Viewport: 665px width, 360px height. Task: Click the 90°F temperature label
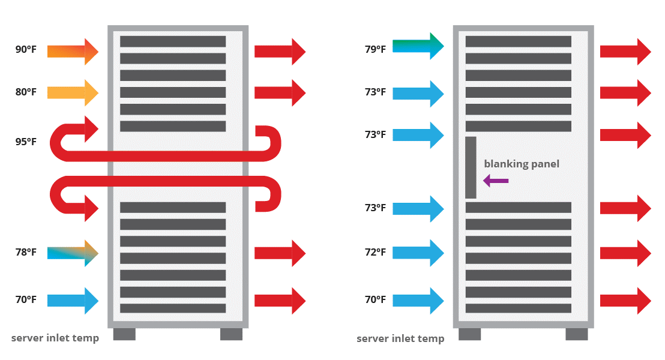26,50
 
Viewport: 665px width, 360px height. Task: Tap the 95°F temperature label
26,142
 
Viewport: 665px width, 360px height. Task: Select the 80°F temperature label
26,93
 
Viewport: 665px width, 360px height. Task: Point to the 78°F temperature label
26,253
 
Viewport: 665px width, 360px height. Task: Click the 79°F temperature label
375,49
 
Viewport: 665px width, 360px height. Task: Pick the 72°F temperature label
375,253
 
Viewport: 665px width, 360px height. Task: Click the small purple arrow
496,180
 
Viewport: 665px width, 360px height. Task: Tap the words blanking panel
522,164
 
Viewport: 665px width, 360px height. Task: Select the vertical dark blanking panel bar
471,167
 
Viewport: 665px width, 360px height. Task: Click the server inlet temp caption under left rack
55,338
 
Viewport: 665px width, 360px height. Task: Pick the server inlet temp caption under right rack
400,339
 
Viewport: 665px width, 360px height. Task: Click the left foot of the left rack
124,334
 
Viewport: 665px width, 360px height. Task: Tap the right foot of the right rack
576,334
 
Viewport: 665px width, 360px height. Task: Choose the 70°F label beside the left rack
26,300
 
